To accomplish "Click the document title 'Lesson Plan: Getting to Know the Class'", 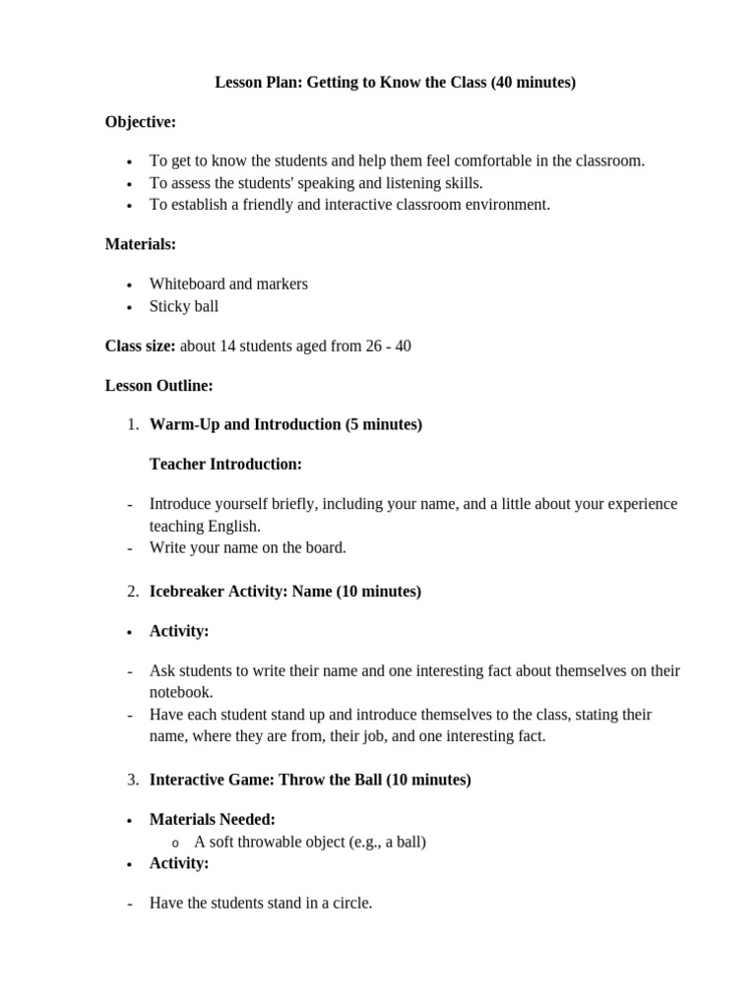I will tap(350, 83).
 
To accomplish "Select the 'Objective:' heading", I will tap(141, 121).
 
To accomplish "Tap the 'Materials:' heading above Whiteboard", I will tap(141, 244).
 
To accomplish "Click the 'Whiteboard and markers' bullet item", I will tap(228, 283).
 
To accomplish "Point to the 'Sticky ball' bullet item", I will tap(184, 306).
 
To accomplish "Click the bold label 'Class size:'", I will tap(141, 346).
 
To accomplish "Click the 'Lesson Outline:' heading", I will tap(158, 386).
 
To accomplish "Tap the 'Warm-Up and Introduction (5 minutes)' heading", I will tap(285, 424).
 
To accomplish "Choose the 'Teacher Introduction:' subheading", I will tap(225, 464).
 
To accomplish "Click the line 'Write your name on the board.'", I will tap(248, 547).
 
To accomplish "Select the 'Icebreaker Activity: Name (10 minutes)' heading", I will tap(284, 592).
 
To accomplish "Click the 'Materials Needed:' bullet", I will tap(212, 819).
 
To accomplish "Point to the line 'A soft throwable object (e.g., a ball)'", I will tap(310, 842).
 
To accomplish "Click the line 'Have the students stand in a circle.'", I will tap(261, 902).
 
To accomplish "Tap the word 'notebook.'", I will tap(181, 692).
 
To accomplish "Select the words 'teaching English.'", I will tap(205, 526).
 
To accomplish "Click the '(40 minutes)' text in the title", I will tap(533, 83).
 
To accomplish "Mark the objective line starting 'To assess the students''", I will tap(316, 182).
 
